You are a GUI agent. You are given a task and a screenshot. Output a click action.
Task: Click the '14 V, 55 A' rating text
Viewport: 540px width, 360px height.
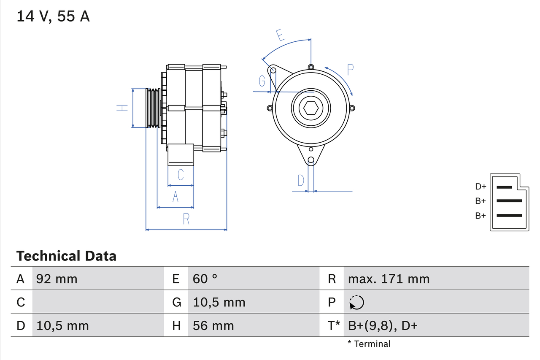point(53,17)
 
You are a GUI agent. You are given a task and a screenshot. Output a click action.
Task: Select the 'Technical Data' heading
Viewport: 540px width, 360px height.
point(66,256)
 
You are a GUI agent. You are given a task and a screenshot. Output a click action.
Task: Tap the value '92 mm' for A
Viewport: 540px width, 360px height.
point(57,279)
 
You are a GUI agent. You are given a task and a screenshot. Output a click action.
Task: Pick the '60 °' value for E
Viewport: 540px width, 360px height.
point(205,279)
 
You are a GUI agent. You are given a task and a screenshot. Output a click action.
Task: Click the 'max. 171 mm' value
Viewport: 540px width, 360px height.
point(389,279)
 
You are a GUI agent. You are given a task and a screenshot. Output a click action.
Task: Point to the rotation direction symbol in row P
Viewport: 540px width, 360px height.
point(356,302)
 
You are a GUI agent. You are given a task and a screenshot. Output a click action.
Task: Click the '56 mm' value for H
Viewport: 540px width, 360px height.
point(213,325)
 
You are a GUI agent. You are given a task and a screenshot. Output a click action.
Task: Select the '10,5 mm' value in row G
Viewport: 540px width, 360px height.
point(219,302)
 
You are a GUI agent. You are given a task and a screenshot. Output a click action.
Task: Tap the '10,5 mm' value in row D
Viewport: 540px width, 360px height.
point(62,325)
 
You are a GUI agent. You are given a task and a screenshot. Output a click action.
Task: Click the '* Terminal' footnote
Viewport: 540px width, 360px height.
point(369,344)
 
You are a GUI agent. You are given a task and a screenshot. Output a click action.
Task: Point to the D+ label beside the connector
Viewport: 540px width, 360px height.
point(481,187)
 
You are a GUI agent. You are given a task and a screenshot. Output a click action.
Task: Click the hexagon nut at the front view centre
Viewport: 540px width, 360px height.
point(311,108)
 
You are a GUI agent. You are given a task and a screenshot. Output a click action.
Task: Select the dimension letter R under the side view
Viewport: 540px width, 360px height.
point(186,219)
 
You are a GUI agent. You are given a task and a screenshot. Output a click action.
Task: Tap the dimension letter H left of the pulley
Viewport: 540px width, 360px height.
point(122,108)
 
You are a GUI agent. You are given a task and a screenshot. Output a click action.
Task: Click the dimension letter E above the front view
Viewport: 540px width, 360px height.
point(280,35)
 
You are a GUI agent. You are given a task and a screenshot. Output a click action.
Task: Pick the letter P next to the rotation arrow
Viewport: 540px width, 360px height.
point(350,70)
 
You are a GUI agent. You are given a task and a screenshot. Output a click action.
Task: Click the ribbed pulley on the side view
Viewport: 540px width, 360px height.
point(153,108)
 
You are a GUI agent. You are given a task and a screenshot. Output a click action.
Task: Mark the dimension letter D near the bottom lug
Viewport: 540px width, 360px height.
point(300,181)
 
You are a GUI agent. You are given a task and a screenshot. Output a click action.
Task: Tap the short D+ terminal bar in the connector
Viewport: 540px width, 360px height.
point(504,187)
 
